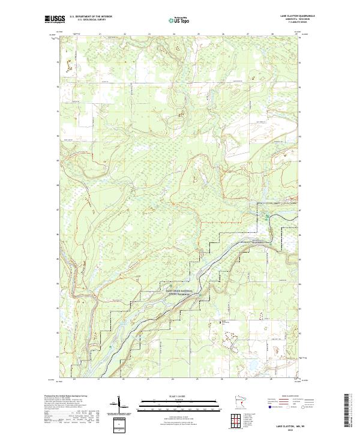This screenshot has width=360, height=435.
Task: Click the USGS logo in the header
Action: (53, 20)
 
